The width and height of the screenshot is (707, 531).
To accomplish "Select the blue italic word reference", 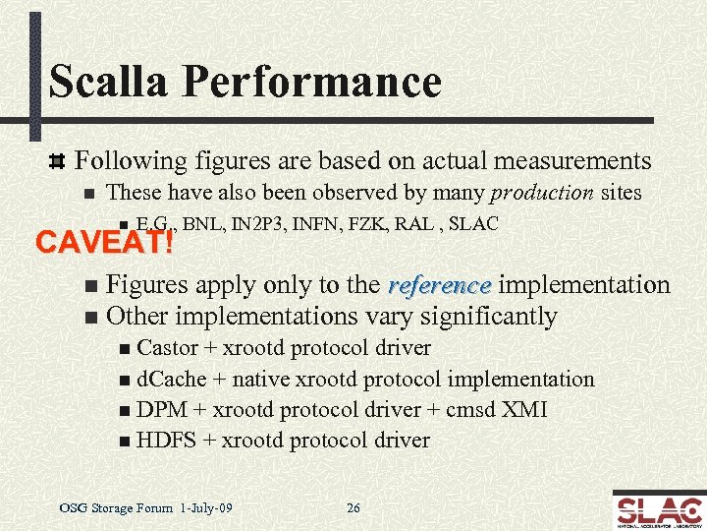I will click(439, 285).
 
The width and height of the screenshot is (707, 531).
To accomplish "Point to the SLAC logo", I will click(657, 509).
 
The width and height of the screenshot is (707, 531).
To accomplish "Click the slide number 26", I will click(353, 508).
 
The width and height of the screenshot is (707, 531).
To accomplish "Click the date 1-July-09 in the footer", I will click(207, 508).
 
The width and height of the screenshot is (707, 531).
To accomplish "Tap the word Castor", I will click(167, 347).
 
